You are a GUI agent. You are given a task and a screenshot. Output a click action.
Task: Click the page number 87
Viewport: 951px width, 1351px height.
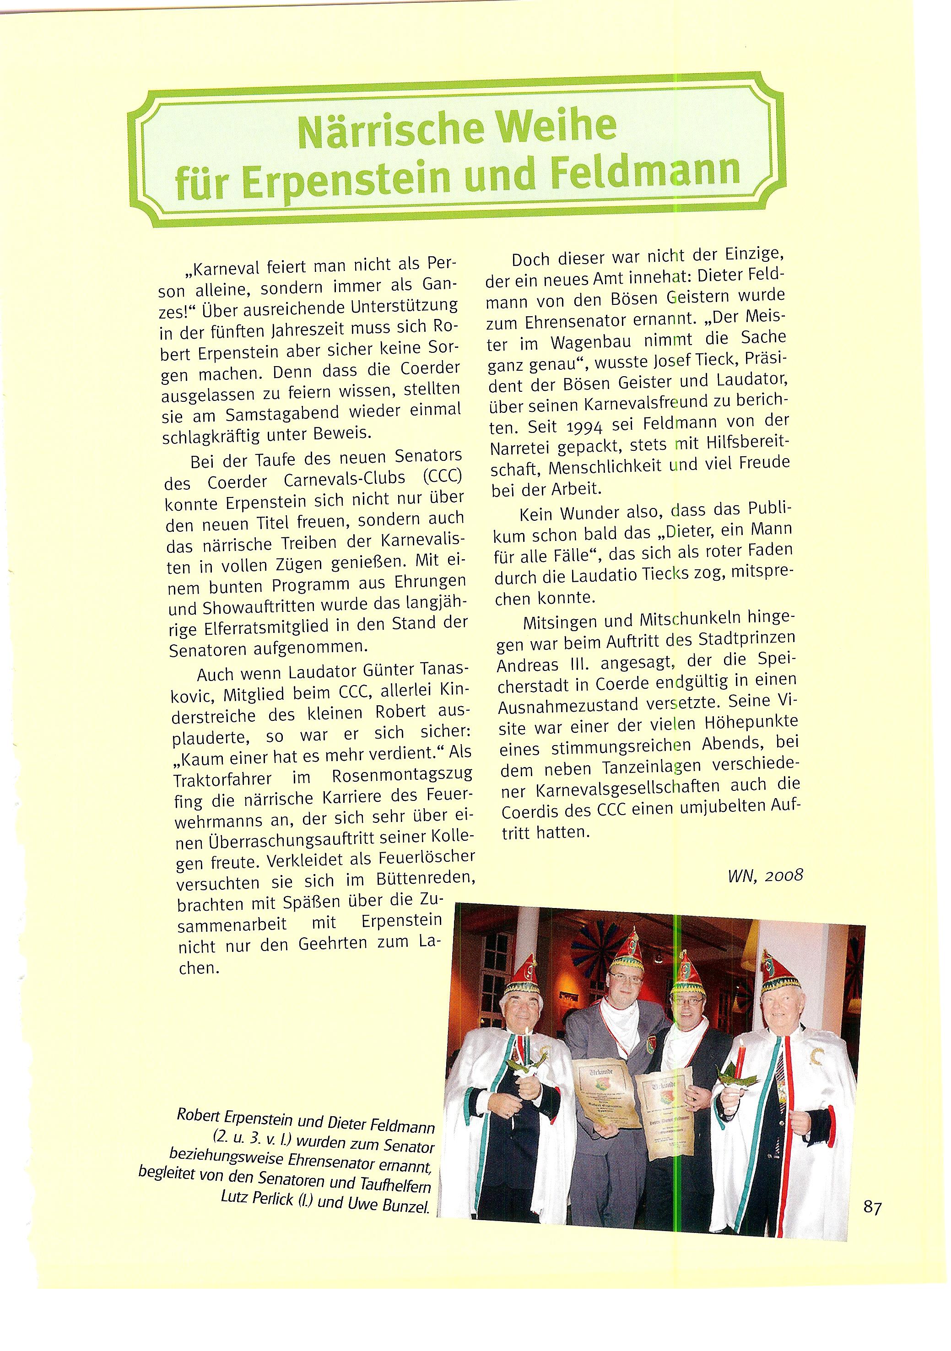coord(873,1208)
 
